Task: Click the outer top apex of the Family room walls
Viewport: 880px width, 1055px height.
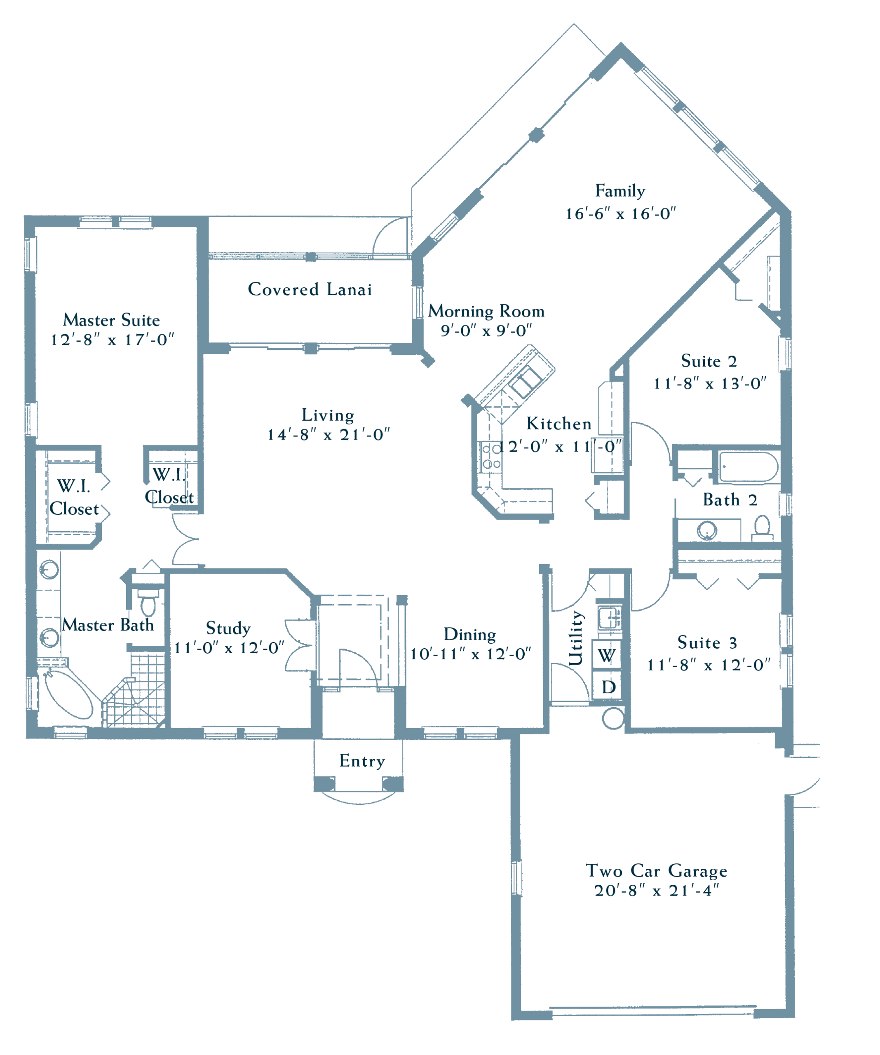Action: (621, 43)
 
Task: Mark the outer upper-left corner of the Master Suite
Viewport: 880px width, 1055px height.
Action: (25, 216)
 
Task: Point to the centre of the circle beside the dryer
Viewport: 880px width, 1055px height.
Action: (612, 718)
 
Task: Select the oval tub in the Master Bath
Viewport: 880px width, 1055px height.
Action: (69, 694)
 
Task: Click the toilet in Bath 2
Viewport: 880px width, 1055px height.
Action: (763, 528)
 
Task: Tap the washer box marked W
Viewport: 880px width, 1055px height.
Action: (607, 655)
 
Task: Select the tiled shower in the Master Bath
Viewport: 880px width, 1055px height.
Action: (135, 689)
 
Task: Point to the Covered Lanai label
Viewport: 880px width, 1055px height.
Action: (310, 289)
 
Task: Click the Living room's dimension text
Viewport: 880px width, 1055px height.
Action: (329, 434)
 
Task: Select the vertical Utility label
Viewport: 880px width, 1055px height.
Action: (576, 639)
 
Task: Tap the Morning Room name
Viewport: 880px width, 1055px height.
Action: (486, 312)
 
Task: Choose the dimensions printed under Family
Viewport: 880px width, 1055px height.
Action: (621, 214)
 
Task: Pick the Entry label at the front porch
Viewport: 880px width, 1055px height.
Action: (362, 762)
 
